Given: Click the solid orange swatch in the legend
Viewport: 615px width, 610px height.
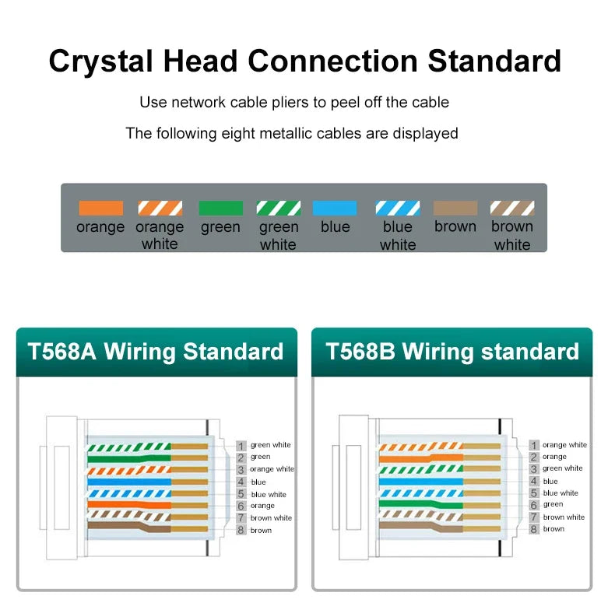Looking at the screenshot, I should [x=100, y=209].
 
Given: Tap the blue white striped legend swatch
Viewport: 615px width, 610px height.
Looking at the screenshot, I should [x=398, y=209].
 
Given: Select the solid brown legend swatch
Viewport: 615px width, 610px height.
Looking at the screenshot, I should [x=455, y=209].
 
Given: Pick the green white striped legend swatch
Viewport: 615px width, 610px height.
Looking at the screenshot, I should [x=278, y=209].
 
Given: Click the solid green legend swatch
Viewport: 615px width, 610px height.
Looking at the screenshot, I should [x=220, y=209].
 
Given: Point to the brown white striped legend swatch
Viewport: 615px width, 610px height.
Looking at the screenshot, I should [x=512, y=209].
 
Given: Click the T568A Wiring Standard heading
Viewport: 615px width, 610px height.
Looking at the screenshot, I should [x=156, y=352].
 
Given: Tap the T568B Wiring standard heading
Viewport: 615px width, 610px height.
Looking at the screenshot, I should [x=452, y=352].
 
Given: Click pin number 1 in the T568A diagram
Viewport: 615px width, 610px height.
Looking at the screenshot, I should [x=241, y=446].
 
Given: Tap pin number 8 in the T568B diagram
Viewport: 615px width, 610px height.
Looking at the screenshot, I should [x=534, y=529].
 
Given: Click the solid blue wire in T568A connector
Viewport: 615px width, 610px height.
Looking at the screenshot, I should [x=128, y=482].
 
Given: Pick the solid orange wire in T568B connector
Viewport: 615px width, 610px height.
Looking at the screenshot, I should [x=420, y=457].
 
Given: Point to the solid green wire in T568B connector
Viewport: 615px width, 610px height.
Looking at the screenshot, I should [x=420, y=504].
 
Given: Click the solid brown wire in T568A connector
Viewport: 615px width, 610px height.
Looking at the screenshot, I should [x=128, y=528].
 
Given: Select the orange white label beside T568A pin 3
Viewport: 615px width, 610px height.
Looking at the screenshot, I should [x=272, y=469].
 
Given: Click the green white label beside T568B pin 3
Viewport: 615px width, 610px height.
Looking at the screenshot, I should [x=562, y=468].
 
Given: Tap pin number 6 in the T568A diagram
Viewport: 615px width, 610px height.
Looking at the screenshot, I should [x=241, y=506].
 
